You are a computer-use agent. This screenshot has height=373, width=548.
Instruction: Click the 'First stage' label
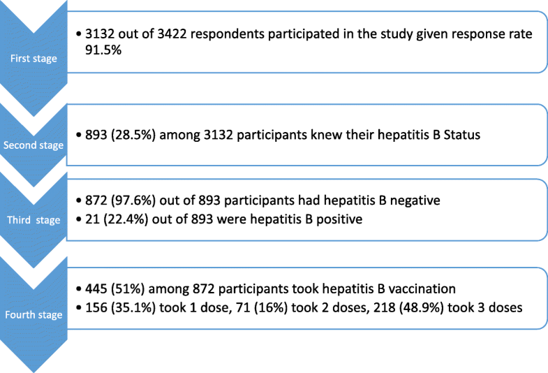[34, 58]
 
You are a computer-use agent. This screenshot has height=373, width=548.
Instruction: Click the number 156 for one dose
[96, 307]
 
